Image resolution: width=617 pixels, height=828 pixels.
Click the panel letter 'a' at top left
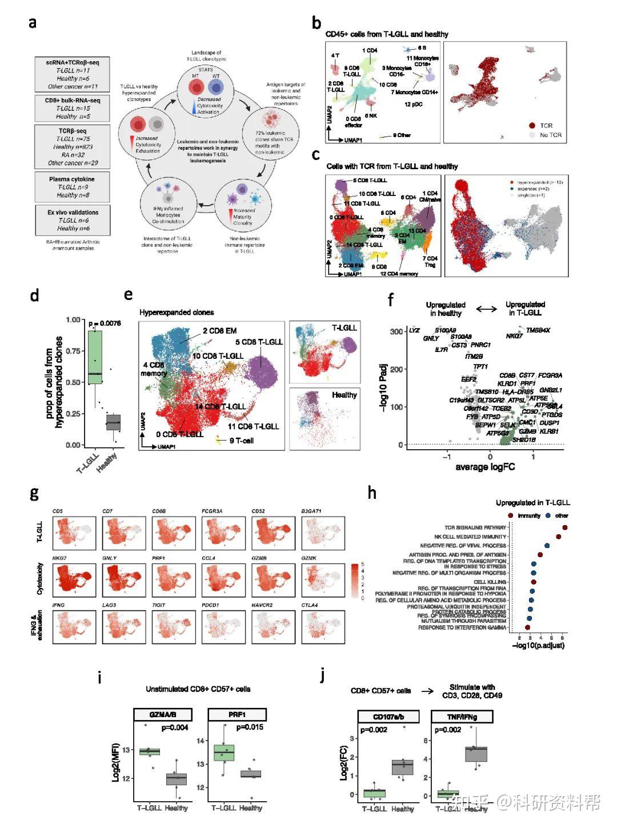(33, 23)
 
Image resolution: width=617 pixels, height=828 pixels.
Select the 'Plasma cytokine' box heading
(72, 179)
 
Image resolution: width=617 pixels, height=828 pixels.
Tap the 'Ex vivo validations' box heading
(73, 213)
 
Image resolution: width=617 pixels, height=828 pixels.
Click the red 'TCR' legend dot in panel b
(531, 125)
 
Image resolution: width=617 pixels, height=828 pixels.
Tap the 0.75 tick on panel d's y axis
(73, 351)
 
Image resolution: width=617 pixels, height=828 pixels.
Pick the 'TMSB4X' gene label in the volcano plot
(538, 330)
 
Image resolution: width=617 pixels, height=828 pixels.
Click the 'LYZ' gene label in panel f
(414, 330)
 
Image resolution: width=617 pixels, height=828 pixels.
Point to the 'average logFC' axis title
(485, 467)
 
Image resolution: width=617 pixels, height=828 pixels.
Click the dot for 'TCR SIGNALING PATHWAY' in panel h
(564, 527)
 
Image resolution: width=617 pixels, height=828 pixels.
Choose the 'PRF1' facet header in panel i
(237, 715)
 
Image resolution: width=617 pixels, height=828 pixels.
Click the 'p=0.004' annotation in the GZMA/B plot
(175, 727)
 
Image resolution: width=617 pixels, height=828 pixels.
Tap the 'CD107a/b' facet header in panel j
(388, 717)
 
